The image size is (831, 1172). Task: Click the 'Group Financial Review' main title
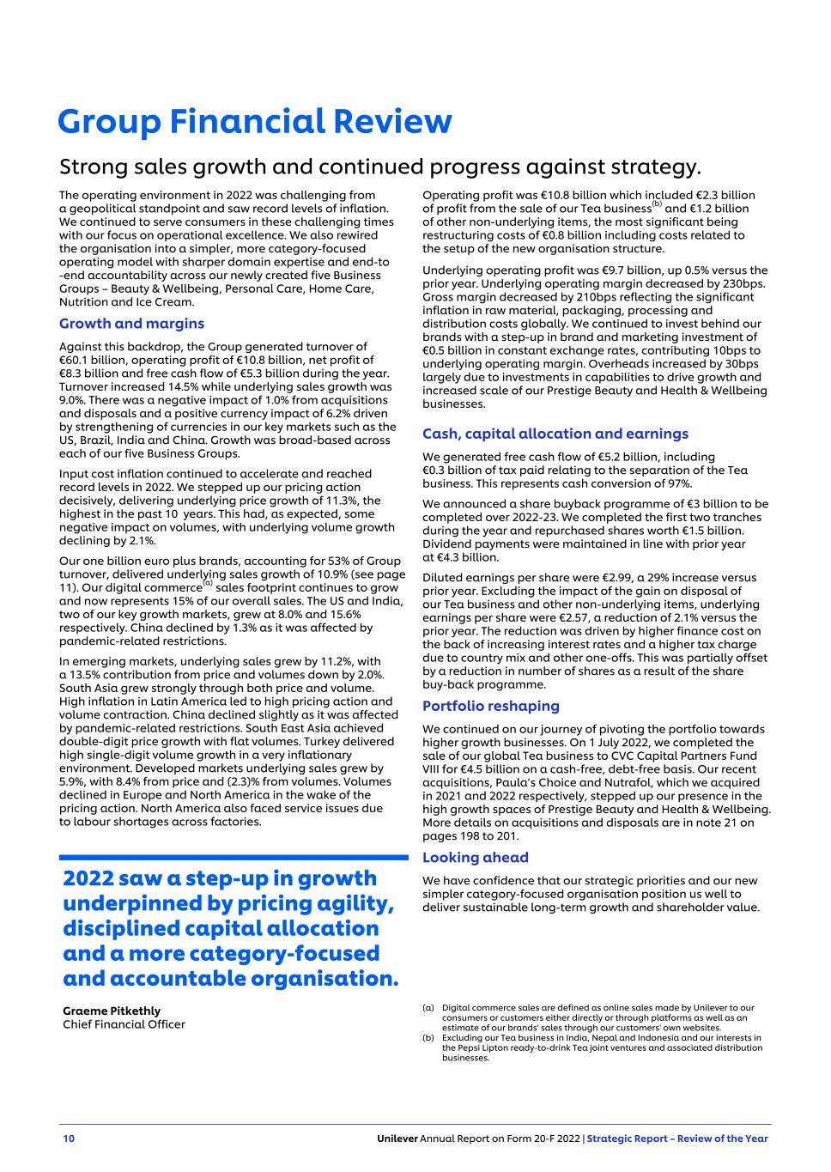click(x=254, y=121)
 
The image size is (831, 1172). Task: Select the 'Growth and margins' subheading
click(x=131, y=324)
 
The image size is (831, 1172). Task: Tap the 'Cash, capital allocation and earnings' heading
click(x=555, y=434)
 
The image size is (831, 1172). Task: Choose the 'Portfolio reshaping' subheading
click(x=490, y=706)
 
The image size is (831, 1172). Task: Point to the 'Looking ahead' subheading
click(x=475, y=857)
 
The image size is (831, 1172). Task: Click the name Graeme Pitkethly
click(x=112, y=1011)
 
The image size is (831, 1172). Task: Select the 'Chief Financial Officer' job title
click(x=124, y=1024)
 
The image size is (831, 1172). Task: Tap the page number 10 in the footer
click(x=69, y=1139)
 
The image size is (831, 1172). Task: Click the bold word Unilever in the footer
click(x=397, y=1139)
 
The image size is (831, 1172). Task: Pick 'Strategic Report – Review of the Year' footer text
click(x=677, y=1139)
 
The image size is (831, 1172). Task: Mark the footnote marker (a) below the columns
click(x=428, y=1007)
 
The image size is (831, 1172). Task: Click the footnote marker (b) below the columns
click(x=428, y=1037)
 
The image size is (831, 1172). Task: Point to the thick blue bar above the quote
click(x=234, y=857)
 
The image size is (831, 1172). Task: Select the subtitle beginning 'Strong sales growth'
click(x=380, y=166)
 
